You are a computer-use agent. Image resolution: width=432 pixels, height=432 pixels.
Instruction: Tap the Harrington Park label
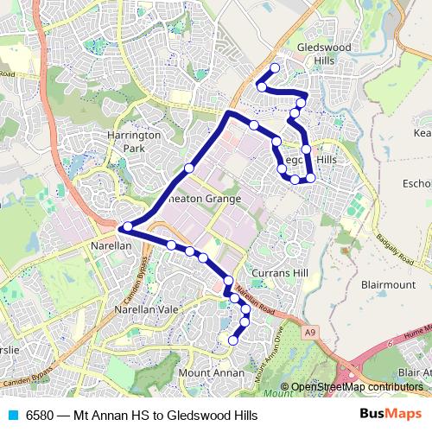pyautogui.click(x=134, y=143)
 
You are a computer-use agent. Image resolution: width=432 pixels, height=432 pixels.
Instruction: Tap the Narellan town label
pyautogui.click(x=110, y=245)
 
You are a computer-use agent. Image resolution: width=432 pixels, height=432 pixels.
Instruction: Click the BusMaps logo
pyautogui.click(x=391, y=415)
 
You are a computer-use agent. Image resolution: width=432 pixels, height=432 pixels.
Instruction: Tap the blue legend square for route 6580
pyautogui.click(x=12, y=416)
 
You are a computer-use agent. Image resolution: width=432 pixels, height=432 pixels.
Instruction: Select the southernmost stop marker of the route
pyautogui.click(x=232, y=341)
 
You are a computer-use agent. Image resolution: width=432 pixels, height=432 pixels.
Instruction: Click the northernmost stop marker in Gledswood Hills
pyautogui.click(x=276, y=67)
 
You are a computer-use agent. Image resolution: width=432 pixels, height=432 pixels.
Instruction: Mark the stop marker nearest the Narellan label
pyautogui.click(x=126, y=227)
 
